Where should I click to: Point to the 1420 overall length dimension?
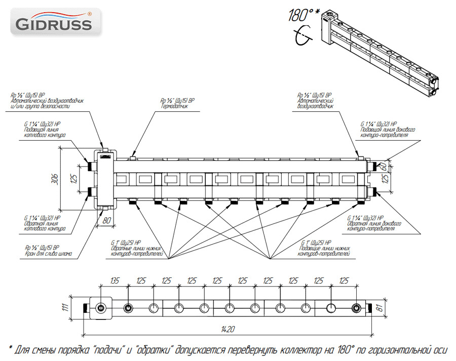click(227, 330)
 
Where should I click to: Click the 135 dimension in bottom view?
click(115, 280)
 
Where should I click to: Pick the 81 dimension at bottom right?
click(379, 308)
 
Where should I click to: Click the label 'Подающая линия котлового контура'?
click(45, 133)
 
